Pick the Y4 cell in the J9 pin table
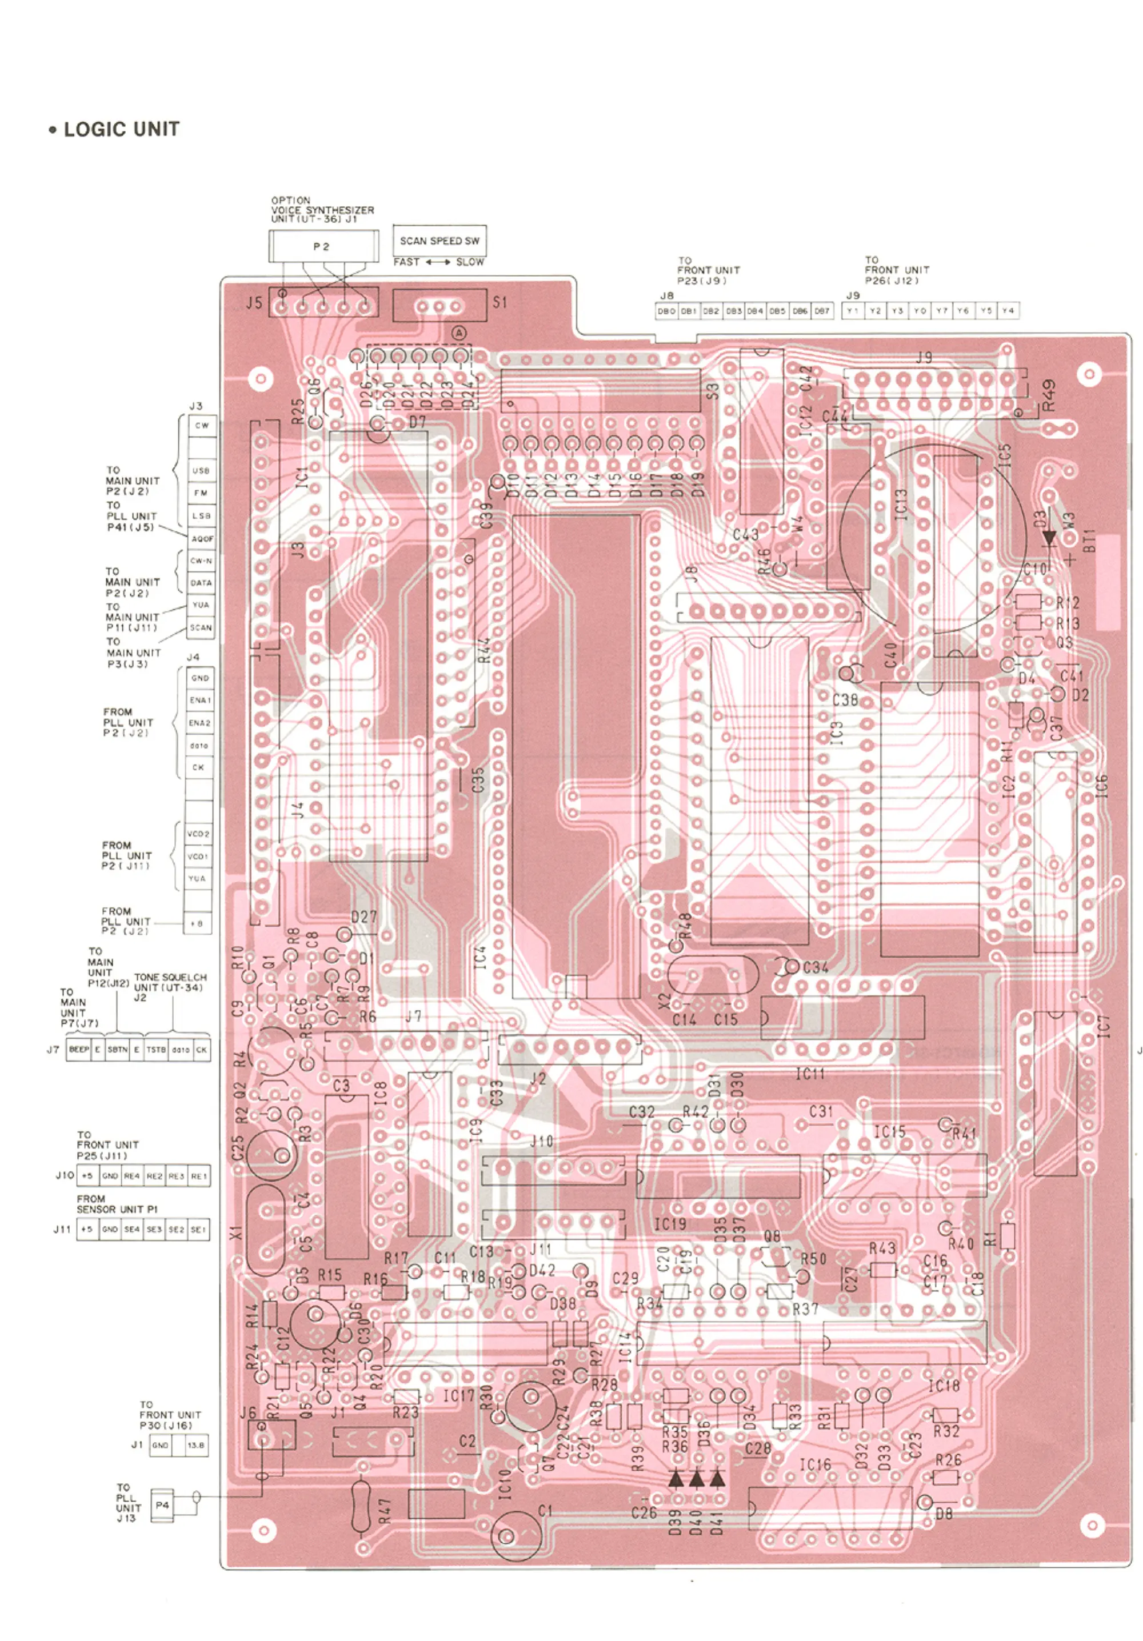[x=1007, y=311]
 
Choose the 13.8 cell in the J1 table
[x=195, y=1445]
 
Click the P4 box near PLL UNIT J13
[x=162, y=1504]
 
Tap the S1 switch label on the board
[x=499, y=302]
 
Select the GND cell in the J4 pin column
[x=199, y=678]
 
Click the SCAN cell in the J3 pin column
[x=200, y=627]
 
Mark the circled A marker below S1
[x=459, y=333]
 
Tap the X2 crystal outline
[x=712, y=974]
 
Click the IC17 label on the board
[x=458, y=1396]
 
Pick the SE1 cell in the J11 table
[x=198, y=1229]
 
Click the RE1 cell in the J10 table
[x=199, y=1176]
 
